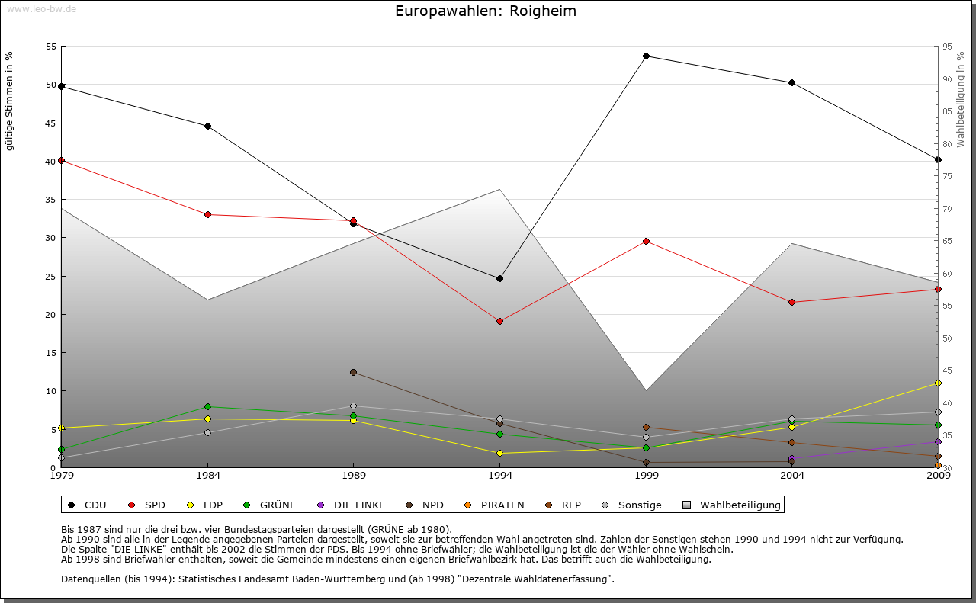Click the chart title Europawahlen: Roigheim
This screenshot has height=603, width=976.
click(x=486, y=11)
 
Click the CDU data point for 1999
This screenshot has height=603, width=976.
click(x=646, y=56)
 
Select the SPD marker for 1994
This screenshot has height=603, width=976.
click(x=499, y=321)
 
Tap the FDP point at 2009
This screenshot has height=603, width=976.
click(x=938, y=383)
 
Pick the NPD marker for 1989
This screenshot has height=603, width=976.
click(x=353, y=372)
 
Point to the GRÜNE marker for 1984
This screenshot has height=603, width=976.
click(x=207, y=406)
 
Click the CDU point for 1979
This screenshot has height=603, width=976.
click(x=61, y=86)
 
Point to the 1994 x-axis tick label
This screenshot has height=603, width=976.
click(x=500, y=476)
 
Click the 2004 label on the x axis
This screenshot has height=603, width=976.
click(x=792, y=476)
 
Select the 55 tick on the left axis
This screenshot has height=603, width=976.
click(x=52, y=47)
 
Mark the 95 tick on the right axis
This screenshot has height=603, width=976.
click(x=947, y=47)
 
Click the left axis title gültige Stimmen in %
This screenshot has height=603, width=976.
click(x=9, y=101)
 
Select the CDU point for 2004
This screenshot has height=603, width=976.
click(x=792, y=82)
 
